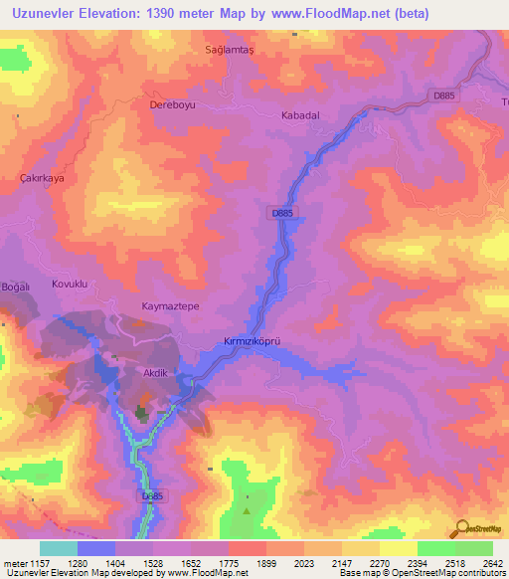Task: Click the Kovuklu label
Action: [x=70, y=284]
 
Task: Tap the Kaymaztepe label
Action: [x=171, y=307]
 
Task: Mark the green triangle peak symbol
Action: [x=247, y=509]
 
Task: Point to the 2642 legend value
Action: [x=491, y=563]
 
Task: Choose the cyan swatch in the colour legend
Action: [x=58, y=548]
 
